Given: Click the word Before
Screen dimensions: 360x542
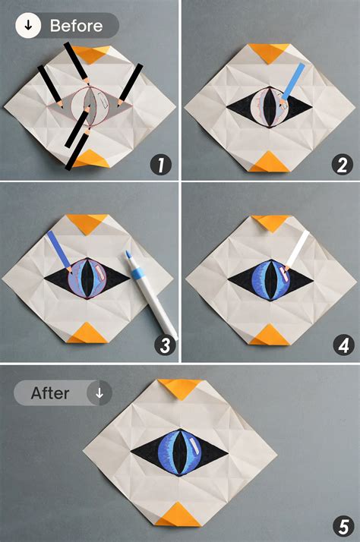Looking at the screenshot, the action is [x=77, y=26].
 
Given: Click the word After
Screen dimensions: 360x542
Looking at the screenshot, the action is [x=50, y=393].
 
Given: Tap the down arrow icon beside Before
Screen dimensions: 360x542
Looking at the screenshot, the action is [x=28, y=26].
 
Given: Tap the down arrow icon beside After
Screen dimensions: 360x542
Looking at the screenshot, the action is [x=99, y=393].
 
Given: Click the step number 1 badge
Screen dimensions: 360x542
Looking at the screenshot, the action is [x=161, y=165].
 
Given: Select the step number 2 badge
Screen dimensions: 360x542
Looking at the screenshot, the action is [x=343, y=165].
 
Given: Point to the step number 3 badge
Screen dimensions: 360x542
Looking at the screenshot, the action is [x=165, y=345].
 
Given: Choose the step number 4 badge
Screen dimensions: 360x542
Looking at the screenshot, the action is [x=344, y=345].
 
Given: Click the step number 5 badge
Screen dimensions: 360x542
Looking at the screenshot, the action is [x=343, y=527].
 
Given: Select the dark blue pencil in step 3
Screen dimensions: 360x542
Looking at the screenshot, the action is [x=59, y=251].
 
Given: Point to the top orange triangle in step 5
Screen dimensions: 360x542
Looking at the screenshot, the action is [x=180, y=387].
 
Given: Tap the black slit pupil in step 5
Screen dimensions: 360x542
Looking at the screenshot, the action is [x=180, y=452].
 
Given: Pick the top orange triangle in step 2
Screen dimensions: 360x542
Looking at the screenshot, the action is [x=269, y=52].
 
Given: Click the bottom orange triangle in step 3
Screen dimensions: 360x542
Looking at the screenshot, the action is [x=87, y=334].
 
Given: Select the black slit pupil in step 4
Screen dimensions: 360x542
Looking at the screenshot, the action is [x=271, y=280].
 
